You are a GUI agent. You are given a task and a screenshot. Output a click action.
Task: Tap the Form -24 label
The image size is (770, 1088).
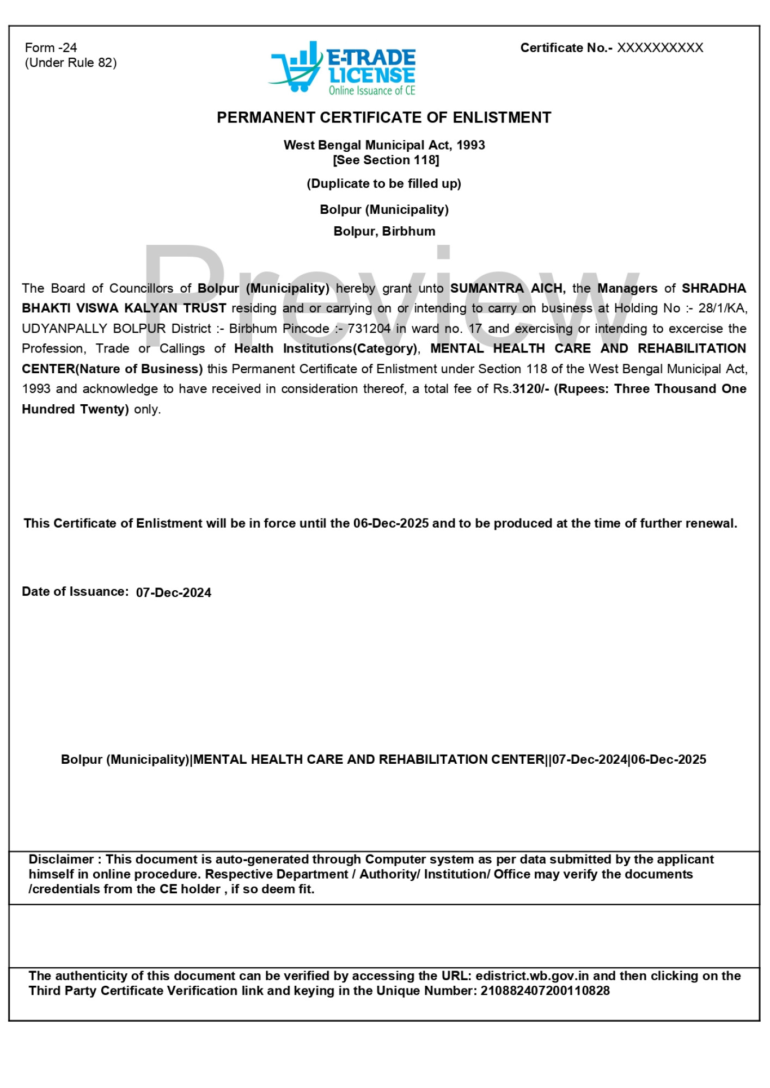coord(51,48)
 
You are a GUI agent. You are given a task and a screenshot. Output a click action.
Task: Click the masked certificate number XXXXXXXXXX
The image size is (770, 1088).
coord(659,48)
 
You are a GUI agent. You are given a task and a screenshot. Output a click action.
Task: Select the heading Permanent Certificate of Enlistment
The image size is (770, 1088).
coord(384,118)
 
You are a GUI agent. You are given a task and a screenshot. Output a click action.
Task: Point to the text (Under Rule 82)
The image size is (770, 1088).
coord(70,63)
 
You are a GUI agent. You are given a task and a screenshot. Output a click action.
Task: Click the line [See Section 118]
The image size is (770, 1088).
coord(386,160)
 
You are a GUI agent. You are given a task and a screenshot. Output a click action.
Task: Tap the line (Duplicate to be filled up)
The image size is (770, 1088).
coord(384,183)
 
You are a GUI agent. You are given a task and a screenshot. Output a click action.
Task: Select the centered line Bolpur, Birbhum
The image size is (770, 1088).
coord(384,231)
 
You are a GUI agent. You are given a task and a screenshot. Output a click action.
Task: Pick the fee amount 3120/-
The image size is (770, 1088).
coord(530,389)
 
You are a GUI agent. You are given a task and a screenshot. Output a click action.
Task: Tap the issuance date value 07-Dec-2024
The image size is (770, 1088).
coord(173,593)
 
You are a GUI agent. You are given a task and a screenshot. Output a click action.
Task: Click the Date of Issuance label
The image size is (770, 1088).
coord(75,592)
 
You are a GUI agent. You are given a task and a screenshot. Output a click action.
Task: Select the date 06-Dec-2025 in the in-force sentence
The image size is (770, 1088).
coord(390,523)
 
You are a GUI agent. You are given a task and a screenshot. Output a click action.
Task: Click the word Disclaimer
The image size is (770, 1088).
coord(61,860)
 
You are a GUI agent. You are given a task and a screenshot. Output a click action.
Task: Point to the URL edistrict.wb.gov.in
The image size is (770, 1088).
coord(531,976)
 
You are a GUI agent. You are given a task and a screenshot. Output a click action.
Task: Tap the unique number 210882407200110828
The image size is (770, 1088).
coord(545,991)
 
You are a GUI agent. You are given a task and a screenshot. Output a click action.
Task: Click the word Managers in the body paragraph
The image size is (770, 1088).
coord(627,288)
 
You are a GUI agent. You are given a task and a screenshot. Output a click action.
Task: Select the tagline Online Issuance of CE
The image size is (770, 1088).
coord(371,91)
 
